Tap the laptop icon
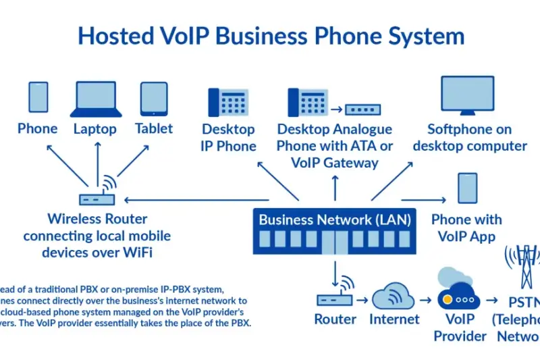pos(95,99)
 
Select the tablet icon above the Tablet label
pos(153,99)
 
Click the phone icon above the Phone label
pos(38,99)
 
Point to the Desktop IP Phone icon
pos(226,103)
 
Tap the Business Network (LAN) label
pos(334,219)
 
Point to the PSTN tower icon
pos(522,267)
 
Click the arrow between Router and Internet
pos(362,299)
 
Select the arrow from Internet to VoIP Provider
pos(425,299)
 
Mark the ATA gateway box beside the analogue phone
pos(363,108)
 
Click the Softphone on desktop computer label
pos(470,137)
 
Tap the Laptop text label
pos(95,129)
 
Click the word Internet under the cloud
pos(394,319)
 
